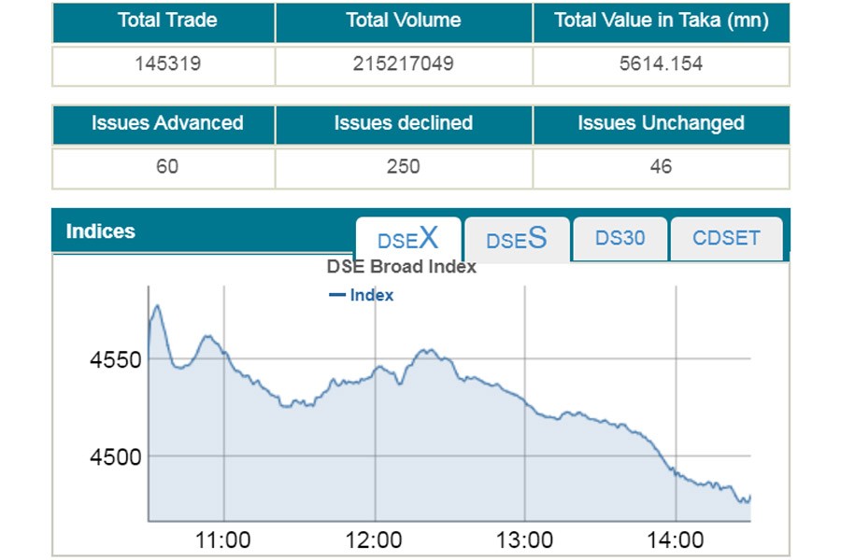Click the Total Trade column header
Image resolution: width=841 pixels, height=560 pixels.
[x=164, y=21]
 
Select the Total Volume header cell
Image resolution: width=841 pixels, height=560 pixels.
[x=404, y=21]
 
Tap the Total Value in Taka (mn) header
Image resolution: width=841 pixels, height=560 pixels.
[x=661, y=21]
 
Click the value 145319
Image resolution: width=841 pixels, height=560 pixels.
[x=164, y=64]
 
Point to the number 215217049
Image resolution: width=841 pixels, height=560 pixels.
[x=404, y=64]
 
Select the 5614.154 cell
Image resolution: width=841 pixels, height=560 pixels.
[x=661, y=64]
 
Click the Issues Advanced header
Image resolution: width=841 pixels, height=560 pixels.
[x=164, y=123]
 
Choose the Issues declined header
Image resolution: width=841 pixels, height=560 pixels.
[x=404, y=123]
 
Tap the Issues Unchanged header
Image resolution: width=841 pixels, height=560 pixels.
[x=661, y=123]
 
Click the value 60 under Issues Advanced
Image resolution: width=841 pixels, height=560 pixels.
[x=164, y=168]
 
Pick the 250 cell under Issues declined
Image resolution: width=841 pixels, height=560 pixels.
[x=404, y=168]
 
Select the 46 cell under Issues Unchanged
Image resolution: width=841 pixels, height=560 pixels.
[x=661, y=168]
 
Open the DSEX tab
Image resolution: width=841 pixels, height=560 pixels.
[x=408, y=239]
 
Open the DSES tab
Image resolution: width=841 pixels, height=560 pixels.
[x=517, y=240]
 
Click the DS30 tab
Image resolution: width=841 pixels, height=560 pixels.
[x=620, y=238]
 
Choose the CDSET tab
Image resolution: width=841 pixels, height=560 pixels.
[x=726, y=238]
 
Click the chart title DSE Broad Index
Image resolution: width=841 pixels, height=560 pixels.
[x=402, y=267]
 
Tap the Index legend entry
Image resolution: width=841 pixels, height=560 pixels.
[x=363, y=295]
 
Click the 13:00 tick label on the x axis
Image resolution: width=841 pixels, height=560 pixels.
[x=525, y=539]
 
